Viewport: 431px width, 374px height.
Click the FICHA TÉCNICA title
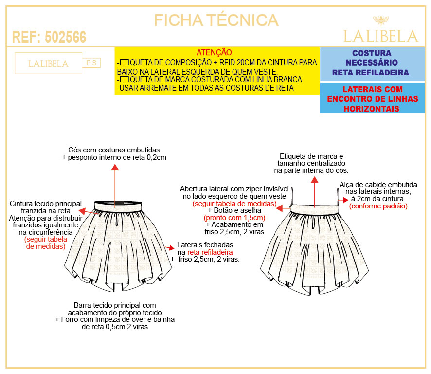(x=216, y=20)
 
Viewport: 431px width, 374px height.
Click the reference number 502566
(x=65, y=37)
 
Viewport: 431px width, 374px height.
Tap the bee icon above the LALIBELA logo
(x=381, y=20)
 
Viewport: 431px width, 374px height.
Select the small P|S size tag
(x=91, y=63)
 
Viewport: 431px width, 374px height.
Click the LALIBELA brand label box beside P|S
(x=48, y=63)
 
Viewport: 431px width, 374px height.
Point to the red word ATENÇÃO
(x=215, y=52)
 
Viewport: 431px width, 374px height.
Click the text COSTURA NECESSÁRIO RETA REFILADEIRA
(x=372, y=63)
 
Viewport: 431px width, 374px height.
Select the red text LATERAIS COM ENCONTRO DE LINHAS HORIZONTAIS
(x=372, y=99)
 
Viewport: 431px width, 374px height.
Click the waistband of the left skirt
(x=118, y=206)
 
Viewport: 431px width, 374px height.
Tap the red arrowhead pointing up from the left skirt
(x=115, y=167)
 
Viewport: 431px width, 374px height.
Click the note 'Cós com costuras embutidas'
(x=114, y=150)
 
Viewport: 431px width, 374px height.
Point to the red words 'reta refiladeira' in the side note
(x=210, y=252)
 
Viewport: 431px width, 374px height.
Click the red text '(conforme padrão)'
(x=378, y=206)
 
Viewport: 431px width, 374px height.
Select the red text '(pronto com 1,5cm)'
(x=234, y=218)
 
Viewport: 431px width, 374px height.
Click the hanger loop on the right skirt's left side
(x=292, y=196)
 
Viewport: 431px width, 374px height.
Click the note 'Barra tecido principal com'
(x=115, y=305)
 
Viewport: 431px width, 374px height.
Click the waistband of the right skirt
(x=315, y=209)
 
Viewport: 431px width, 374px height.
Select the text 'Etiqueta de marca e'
(x=311, y=156)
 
